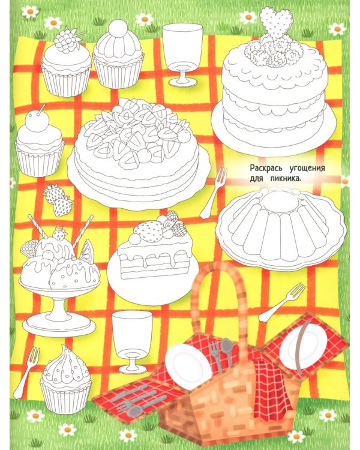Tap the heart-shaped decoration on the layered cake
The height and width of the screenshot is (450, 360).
(277, 23)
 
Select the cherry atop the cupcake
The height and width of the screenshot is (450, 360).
(37, 121)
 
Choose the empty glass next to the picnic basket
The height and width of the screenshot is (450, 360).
(132, 341)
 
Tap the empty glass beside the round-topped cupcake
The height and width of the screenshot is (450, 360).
(182, 55)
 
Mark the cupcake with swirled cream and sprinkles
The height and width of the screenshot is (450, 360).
(66, 379)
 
